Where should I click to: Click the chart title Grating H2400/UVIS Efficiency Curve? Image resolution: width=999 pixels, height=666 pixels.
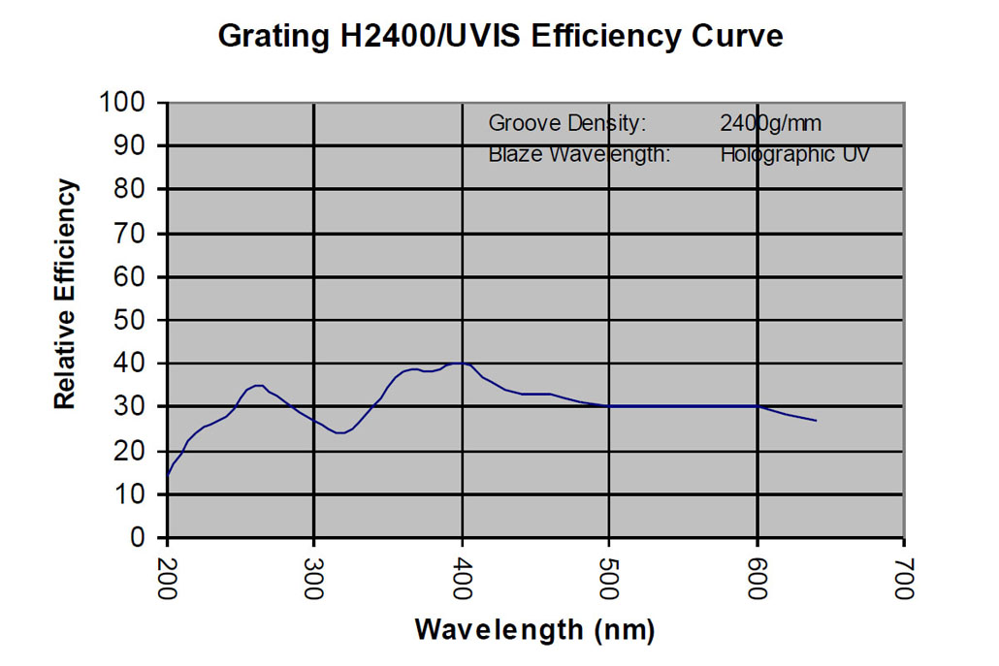pos(499,37)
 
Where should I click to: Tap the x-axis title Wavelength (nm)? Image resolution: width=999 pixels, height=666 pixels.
pos(534,629)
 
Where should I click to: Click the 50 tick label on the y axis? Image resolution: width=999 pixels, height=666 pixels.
pos(139,320)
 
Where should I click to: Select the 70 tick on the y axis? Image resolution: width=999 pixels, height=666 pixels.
pos(139,233)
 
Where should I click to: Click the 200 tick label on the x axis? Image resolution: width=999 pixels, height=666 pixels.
pos(168,579)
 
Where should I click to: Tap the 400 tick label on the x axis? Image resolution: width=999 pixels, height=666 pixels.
pos(463,579)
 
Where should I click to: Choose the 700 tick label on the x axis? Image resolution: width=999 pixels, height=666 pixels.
pos(904,579)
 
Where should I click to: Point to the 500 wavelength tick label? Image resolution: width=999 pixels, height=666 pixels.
pos(610,579)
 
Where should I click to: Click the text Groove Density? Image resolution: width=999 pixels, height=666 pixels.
pos(566,123)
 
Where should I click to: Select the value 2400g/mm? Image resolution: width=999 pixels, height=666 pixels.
pos(771,123)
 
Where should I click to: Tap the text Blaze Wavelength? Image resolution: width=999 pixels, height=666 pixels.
pos(579,154)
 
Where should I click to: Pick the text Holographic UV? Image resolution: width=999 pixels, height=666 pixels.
pos(794,154)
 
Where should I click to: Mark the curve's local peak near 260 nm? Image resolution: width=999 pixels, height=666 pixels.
pos(257,385)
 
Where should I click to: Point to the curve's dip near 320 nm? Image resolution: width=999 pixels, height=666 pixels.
pos(339,432)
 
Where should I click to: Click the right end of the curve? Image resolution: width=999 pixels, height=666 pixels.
pos(816,421)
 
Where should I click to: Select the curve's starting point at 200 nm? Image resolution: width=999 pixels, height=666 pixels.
pos(168,475)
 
